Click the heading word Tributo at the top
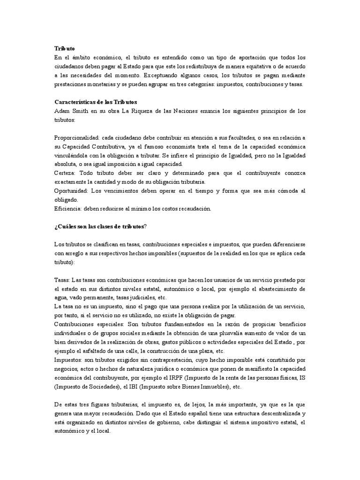(x=64, y=48)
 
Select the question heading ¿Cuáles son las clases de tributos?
(x=100, y=226)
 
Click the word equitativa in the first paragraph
(x=266, y=66)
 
